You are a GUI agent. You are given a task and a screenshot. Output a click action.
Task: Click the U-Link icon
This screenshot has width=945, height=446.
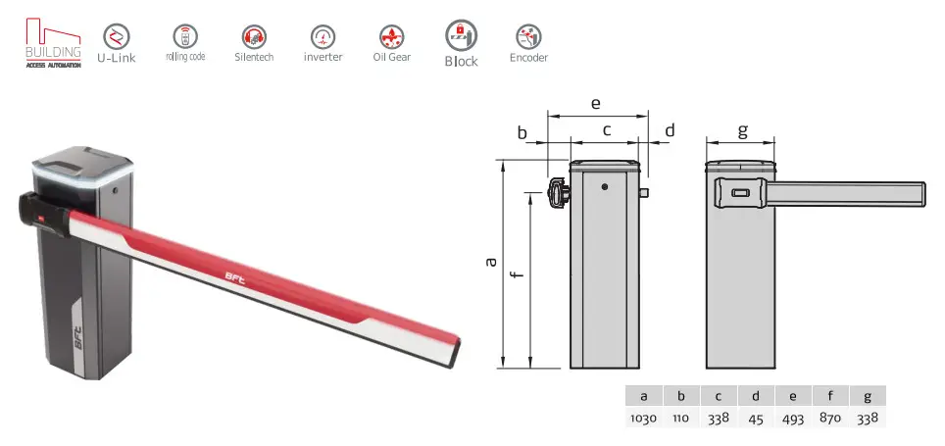tap(116, 36)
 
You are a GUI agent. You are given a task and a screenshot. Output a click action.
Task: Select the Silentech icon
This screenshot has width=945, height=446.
tap(254, 36)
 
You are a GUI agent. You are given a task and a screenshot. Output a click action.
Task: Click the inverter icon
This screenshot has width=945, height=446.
tap(323, 36)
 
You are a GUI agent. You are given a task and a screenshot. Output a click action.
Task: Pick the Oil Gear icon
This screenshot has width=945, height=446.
tap(391, 36)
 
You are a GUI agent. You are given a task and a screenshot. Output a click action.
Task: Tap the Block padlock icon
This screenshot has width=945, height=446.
tap(461, 34)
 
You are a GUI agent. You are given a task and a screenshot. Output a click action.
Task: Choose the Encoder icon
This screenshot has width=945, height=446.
tap(528, 36)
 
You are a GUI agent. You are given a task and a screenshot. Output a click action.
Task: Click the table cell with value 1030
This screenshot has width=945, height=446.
tap(643, 418)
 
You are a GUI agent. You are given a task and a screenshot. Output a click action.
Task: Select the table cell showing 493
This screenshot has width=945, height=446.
tap(794, 418)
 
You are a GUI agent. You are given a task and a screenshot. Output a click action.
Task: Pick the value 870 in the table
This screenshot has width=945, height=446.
tap(831, 418)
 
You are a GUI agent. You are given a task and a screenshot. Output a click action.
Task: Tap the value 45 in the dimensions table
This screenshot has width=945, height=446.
tap(756, 418)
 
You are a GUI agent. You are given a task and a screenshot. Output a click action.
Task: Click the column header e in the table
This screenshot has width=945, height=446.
tap(794, 396)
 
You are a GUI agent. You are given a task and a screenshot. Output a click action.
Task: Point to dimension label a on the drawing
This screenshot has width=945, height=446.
tap(491, 262)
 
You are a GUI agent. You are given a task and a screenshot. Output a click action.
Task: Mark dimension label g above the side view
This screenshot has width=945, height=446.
tap(742, 129)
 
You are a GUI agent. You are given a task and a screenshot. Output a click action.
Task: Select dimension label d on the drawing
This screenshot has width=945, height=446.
tap(670, 130)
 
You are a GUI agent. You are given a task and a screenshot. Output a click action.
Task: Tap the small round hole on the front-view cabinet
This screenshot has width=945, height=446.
tap(605, 186)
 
